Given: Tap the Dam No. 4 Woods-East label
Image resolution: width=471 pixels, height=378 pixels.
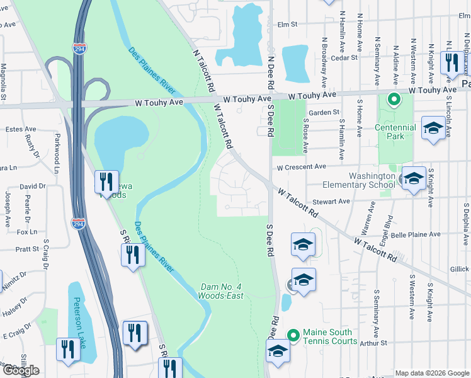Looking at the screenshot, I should (x=220, y=290).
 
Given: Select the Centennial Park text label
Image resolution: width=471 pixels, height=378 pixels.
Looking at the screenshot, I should (x=400, y=132).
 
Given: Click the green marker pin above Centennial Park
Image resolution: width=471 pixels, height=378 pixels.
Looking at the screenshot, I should (x=394, y=100).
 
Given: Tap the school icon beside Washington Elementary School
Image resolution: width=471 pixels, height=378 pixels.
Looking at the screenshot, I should (x=414, y=180).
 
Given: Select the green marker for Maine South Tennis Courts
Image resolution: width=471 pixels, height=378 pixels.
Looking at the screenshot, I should (x=292, y=335).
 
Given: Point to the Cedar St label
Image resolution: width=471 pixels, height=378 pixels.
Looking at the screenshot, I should (x=345, y=57).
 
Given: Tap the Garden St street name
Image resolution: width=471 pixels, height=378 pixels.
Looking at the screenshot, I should (x=324, y=112).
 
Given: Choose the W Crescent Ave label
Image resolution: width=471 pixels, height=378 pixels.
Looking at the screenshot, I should (x=302, y=166).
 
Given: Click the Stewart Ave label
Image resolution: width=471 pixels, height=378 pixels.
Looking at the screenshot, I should (x=336, y=202).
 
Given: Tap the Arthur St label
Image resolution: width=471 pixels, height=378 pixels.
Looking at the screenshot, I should (x=373, y=343).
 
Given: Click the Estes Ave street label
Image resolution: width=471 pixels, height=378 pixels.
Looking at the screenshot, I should (x=20, y=129).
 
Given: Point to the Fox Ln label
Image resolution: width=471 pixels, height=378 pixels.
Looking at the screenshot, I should (x=27, y=232).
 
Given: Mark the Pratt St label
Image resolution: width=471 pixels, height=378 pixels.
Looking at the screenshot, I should (x=27, y=249).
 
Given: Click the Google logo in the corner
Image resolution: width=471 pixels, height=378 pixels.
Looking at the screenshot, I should (x=21, y=370).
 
